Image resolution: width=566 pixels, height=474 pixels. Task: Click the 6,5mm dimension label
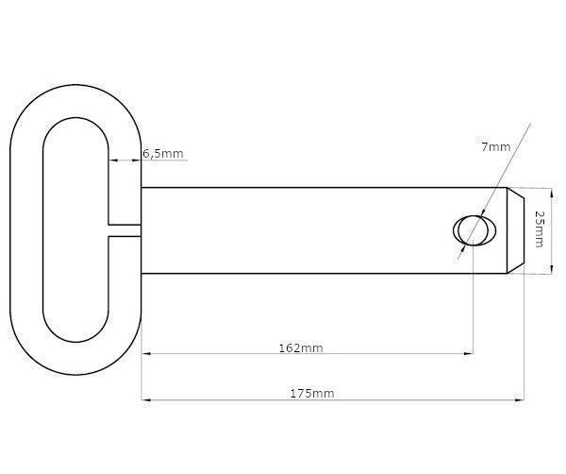[x=163, y=154]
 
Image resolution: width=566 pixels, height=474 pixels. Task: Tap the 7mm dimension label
[x=496, y=147]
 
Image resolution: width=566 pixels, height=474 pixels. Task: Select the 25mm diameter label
[x=539, y=229]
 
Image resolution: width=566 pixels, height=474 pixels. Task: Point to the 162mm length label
[x=301, y=347]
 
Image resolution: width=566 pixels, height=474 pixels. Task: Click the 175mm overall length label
[x=312, y=393]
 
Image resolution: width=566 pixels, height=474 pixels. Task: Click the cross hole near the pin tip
[x=474, y=230]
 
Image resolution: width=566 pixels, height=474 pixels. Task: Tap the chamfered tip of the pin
[x=515, y=230]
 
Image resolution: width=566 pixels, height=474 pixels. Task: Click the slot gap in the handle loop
[x=125, y=230]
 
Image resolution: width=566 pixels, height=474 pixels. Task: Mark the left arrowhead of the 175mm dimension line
[x=146, y=400]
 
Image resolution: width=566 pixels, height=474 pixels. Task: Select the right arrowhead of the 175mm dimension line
[x=520, y=400]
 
